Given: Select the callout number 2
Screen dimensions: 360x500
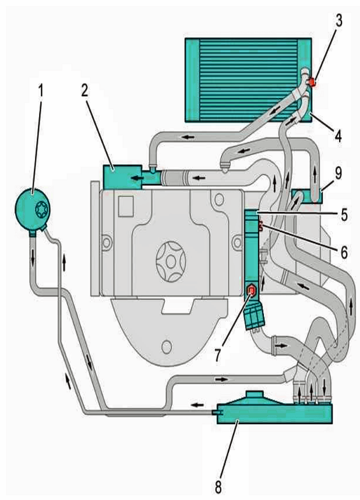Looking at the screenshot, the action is pos(84,91).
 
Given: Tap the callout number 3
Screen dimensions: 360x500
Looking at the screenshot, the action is pos(338,21).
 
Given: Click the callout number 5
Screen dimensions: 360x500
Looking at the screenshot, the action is pos(344,214).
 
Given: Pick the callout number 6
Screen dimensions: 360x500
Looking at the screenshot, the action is pos(344,252).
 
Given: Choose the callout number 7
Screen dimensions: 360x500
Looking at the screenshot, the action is pos(218,354).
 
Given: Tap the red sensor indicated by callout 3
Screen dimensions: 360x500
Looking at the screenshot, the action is pos(312,82).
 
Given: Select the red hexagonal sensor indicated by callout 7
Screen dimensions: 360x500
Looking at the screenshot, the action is pos(252,290).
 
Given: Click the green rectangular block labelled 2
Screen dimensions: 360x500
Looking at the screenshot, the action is pos(123,177).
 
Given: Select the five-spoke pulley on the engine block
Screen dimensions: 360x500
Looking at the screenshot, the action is pos(171,262).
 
